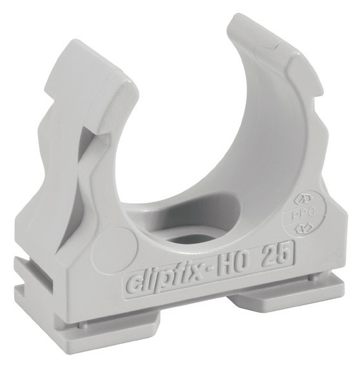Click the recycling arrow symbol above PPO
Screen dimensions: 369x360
pyautogui.click(x=301, y=198)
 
